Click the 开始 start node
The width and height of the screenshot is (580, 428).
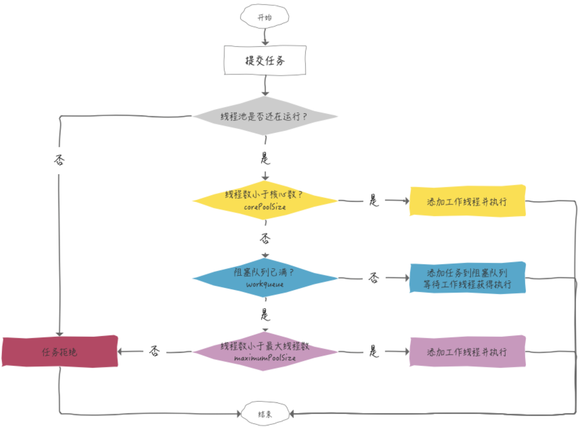tap(264, 17)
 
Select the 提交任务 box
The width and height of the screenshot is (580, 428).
tap(265, 61)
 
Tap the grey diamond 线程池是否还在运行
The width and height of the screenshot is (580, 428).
tap(265, 116)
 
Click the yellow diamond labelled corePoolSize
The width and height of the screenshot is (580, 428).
tap(265, 200)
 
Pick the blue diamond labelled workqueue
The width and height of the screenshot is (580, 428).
tap(265, 278)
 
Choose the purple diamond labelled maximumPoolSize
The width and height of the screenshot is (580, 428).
tap(265, 351)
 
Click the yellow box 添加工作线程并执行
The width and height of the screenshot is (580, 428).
tap(467, 201)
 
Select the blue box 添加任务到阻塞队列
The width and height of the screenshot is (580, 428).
tap(467, 278)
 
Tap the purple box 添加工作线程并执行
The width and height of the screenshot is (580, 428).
tap(467, 352)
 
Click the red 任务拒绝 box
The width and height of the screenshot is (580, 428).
tap(60, 352)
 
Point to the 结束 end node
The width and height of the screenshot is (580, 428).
tap(265, 414)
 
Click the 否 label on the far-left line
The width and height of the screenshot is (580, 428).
tap(59, 160)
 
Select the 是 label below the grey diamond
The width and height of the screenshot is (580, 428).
tap(265, 158)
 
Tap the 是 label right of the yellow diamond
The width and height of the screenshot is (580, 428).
tap(374, 200)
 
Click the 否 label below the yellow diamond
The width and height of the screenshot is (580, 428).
tap(265, 238)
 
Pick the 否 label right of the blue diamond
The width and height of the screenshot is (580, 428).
tap(374, 277)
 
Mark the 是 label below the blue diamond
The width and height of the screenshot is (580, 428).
tap(265, 315)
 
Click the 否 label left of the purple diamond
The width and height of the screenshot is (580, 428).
tap(154, 351)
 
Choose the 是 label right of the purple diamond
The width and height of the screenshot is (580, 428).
tap(374, 351)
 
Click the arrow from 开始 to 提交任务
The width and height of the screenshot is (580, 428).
tap(265, 36)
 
